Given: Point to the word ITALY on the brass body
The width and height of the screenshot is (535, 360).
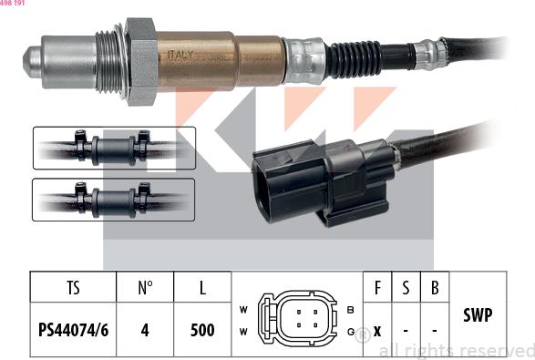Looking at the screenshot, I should pos(181,55).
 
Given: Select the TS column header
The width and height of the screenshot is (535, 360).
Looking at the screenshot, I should pos(73,289).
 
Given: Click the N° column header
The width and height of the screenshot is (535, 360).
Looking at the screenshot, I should pos(145,289).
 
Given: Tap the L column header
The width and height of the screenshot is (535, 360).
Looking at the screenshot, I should pos(202,289).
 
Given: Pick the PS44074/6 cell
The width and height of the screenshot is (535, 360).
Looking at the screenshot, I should pos(73,330).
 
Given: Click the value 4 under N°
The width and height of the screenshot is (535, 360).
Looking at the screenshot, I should pos(145,330).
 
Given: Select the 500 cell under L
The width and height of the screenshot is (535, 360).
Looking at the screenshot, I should pos(202,330).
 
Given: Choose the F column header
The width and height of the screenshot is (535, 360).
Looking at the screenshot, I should pos(377,289).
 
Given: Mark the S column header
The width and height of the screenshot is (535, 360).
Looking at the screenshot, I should pos(406,289).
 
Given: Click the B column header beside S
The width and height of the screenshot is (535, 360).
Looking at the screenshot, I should pos(436,289).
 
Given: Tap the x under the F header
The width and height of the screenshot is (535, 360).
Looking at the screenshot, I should pos(377,330).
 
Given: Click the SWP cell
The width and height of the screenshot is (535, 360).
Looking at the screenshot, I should pos(478,314).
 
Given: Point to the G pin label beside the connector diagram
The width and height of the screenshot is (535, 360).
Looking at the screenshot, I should pos(351,331).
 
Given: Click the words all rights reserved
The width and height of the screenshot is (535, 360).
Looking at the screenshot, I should pos(456,350).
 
